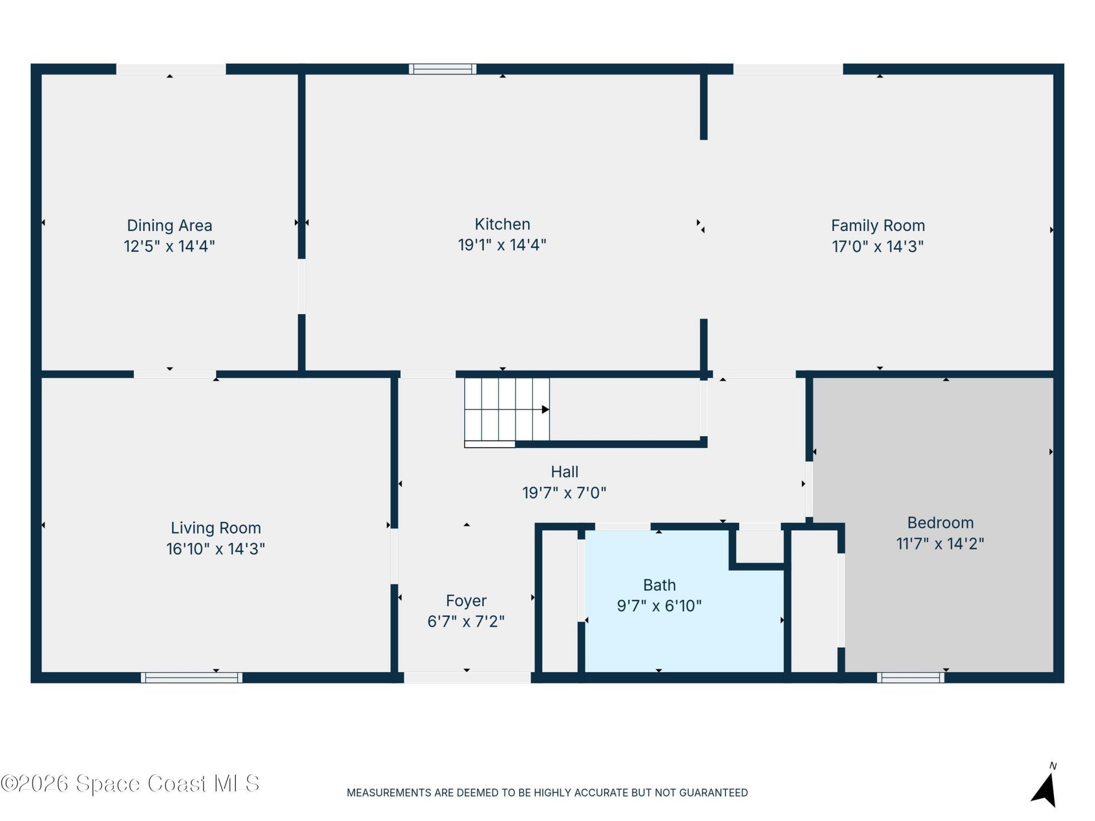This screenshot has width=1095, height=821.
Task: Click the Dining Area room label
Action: point(169,226)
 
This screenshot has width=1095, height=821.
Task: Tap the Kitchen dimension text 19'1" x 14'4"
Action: point(502,245)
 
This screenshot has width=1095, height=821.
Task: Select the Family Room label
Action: point(878,226)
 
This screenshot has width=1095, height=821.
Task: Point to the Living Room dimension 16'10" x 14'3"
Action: point(216,548)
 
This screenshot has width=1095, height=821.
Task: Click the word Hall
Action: point(565,472)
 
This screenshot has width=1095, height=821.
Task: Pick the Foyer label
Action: point(466,601)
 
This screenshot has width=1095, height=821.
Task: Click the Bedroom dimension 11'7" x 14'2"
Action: point(940,543)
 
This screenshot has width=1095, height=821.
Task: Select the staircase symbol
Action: point(507,412)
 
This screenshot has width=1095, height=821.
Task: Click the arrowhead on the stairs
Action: point(546,409)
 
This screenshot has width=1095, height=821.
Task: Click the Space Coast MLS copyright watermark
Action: point(130,783)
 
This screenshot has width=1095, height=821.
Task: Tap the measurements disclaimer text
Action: point(547,792)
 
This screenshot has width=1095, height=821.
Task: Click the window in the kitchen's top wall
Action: point(443,69)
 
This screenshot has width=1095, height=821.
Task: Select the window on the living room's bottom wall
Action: point(192,677)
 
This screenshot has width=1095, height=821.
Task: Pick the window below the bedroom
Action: point(911,677)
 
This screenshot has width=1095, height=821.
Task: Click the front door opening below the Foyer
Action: point(468,677)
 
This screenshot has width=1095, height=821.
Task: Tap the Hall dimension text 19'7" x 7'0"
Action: point(565,493)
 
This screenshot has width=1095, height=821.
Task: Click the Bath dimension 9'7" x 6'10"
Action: point(659,605)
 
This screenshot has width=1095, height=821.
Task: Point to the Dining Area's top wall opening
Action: point(171,69)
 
